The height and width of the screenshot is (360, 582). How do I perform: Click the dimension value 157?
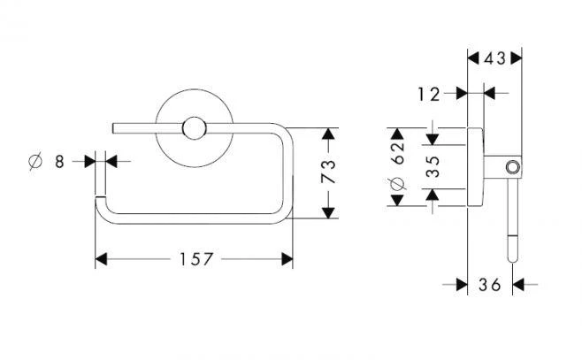click(194, 259)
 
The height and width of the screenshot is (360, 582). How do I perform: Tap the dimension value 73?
click(328, 173)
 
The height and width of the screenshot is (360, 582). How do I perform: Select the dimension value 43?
click(495, 59)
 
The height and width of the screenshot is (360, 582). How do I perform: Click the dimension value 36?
click(488, 285)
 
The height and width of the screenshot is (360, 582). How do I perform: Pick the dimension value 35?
click(433, 166)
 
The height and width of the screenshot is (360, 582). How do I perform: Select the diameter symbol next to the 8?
click(34, 161)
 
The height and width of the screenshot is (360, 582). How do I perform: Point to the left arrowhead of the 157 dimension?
click(100, 259)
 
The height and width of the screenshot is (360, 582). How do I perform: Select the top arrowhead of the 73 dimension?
click(328, 134)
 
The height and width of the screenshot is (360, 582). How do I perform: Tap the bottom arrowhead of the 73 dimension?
click(328, 213)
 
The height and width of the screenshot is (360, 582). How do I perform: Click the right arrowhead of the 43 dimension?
click(517, 59)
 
